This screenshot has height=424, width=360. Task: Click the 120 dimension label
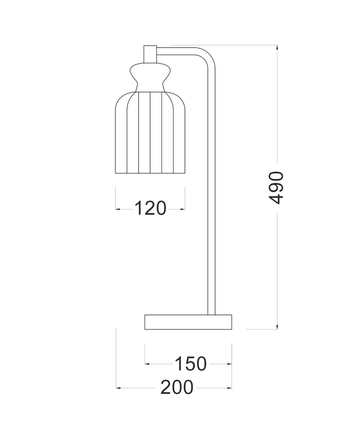150,208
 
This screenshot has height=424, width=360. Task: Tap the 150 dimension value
190,363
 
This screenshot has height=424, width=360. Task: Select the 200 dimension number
176,387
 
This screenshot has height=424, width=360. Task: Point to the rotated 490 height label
276,187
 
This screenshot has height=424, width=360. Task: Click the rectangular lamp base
188,322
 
